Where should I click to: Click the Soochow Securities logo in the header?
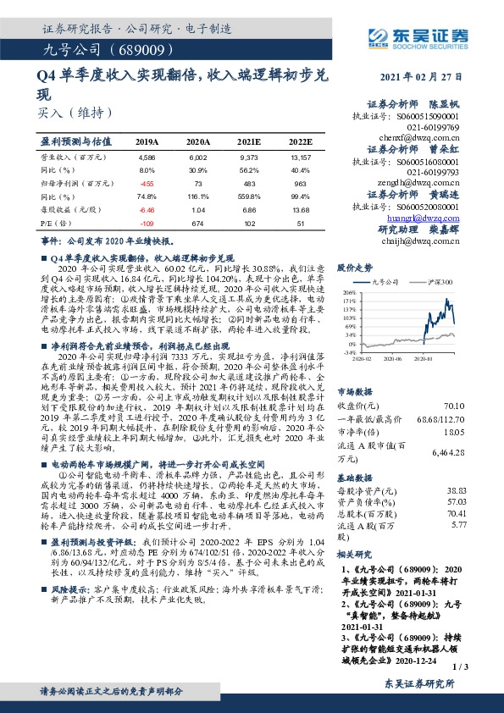coord(417,36)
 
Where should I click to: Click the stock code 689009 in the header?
coord(150,49)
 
